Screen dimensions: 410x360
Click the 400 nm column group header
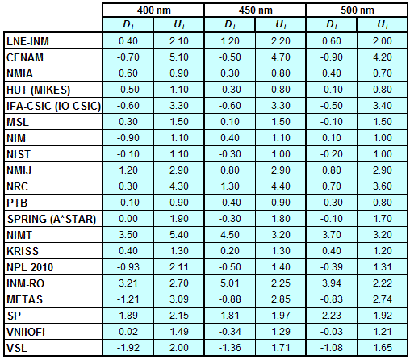coord(153,10)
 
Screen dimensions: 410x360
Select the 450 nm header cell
coord(255,10)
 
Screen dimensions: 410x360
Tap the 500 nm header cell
coord(357,10)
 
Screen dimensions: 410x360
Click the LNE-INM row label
coord(27,41)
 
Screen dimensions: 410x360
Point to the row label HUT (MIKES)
coord(38,90)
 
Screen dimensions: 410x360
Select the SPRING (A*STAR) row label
coord(52,219)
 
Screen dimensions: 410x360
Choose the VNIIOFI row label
coord(26,332)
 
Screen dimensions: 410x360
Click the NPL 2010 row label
coord(30,267)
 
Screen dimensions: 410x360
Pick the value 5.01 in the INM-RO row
coord(230,283)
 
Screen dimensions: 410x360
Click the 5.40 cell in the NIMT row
coord(179,235)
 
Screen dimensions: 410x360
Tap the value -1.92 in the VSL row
coord(128,348)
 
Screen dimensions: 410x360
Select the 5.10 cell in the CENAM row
coord(179,57)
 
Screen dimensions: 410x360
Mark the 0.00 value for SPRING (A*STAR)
coord(128,219)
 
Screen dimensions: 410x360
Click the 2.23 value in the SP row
coord(332,316)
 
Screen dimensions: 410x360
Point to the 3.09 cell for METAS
coord(179,299)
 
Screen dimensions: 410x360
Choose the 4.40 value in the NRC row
coord(281,186)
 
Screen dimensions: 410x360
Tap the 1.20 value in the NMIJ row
coord(128,170)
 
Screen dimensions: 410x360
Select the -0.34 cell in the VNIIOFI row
coord(230,332)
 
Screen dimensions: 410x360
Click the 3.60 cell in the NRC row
coord(383,186)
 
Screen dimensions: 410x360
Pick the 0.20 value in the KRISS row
coord(230,251)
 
